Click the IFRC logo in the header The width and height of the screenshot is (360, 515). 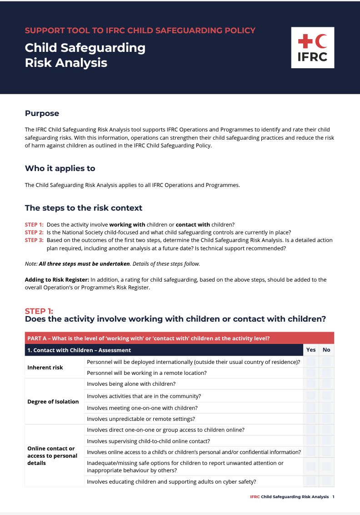click(x=312, y=47)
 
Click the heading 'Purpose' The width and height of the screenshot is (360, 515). click(x=42, y=113)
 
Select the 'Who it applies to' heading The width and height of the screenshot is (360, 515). click(x=60, y=168)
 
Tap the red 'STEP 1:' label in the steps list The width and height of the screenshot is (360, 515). click(x=34, y=225)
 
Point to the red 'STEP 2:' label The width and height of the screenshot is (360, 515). click(x=34, y=232)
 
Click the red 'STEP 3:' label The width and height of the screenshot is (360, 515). click(x=34, y=240)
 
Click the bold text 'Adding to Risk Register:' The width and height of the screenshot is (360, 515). click(x=57, y=280)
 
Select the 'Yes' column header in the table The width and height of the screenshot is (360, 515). click(x=311, y=350)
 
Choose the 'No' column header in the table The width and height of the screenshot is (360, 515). click(x=326, y=350)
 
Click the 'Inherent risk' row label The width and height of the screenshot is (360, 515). click(x=45, y=367)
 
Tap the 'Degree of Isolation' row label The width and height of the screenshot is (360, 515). click(x=53, y=402)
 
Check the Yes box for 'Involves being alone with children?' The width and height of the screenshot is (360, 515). click(x=311, y=384)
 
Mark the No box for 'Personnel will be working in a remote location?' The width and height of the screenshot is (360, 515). click(x=326, y=373)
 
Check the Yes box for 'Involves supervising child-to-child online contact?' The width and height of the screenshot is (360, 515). click(x=311, y=441)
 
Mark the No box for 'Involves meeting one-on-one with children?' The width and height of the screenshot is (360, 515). click(x=326, y=408)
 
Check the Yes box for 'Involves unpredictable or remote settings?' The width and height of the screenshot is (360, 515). click(x=311, y=419)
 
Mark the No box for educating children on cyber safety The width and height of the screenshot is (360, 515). click(x=326, y=481)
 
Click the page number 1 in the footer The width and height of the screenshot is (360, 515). click(x=333, y=497)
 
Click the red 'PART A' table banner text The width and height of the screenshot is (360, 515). click(x=149, y=338)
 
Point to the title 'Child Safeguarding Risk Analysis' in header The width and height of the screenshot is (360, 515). click(x=85, y=55)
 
